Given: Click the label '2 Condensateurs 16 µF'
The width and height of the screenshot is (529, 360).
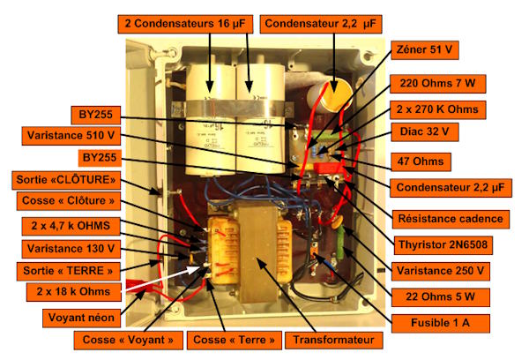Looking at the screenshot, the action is [x=185, y=24].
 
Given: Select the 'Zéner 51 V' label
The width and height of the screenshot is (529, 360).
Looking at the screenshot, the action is [x=425, y=50].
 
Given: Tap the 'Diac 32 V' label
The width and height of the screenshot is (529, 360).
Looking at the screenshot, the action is [x=425, y=132].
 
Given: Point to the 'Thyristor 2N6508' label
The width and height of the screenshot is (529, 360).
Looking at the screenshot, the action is [x=443, y=244].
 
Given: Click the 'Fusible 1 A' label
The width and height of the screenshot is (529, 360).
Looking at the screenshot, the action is [x=440, y=323].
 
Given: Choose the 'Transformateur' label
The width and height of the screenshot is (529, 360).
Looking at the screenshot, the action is [x=333, y=340].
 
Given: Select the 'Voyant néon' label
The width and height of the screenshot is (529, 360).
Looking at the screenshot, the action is [x=81, y=319].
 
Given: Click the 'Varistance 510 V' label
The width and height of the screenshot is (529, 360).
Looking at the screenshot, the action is [x=71, y=136].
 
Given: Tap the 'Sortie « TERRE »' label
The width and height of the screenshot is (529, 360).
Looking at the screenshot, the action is [x=69, y=271].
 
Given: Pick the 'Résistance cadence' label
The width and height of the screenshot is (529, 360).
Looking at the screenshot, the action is [x=451, y=219].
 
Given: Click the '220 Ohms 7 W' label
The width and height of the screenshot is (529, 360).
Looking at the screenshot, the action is [x=438, y=84].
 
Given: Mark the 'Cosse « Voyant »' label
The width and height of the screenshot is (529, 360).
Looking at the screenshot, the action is [x=128, y=340].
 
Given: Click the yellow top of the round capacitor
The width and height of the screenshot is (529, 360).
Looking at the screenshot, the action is [x=337, y=92].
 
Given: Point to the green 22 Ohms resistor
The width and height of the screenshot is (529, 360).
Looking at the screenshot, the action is [x=340, y=243].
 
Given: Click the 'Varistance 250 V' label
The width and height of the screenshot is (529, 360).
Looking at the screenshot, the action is [x=440, y=271].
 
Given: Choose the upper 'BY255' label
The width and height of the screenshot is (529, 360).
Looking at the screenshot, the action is [x=96, y=116].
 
